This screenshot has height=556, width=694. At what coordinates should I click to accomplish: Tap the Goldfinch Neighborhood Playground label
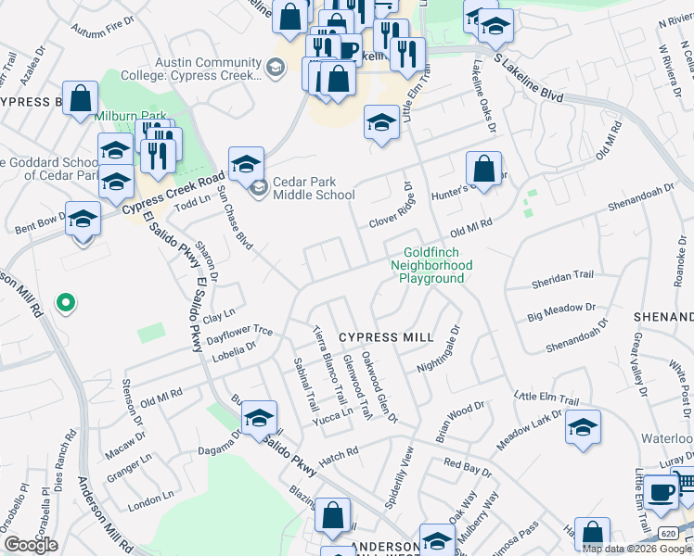tap(438, 265)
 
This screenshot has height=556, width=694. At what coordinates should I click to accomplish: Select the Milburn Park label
tap(131, 116)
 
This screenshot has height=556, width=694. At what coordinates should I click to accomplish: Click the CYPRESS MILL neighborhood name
tap(386, 337)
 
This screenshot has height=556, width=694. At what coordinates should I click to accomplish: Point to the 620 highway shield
tap(668, 532)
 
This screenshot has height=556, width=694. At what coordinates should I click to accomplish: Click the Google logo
tap(31, 545)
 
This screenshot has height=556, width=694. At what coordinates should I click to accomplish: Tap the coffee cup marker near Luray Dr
tap(661, 491)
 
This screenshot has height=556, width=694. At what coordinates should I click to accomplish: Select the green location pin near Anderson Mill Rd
tap(65, 302)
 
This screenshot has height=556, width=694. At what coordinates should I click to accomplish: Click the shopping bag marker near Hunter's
tap(483, 170)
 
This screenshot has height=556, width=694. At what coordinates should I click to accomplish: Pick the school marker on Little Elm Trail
tap(583, 428)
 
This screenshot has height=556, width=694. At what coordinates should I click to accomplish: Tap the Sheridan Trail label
tap(561, 275)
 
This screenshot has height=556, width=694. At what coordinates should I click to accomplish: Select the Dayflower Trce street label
tap(238, 330)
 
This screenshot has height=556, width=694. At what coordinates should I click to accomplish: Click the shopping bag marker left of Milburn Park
tap(81, 98)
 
